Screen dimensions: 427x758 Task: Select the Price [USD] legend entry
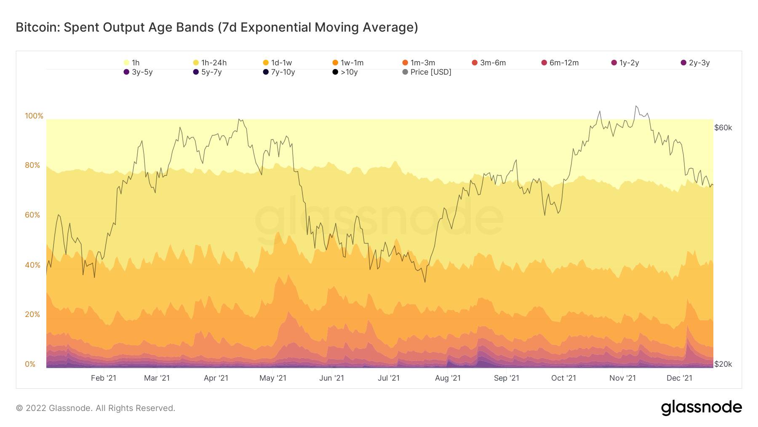point(427,72)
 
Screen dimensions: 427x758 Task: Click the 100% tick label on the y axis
point(34,116)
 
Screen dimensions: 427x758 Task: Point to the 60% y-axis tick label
point(32,215)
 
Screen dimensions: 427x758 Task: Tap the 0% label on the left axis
point(30,364)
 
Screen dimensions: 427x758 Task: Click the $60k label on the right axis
point(723,128)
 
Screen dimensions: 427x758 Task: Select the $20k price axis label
point(723,364)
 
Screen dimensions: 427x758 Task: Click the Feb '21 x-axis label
point(104,378)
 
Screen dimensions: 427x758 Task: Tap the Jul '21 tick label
point(389,378)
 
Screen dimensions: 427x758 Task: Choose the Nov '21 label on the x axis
point(622,378)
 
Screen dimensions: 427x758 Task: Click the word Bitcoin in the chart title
point(38,27)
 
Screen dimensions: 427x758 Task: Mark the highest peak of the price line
point(636,106)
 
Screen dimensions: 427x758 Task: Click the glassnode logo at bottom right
point(701,408)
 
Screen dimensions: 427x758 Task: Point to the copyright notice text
point(96,408)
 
